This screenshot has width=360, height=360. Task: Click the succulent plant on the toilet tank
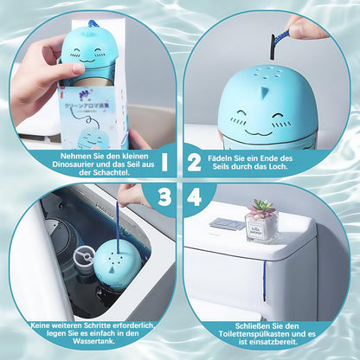tap(260, 209)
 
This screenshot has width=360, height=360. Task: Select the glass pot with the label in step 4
tap(261, 228)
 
